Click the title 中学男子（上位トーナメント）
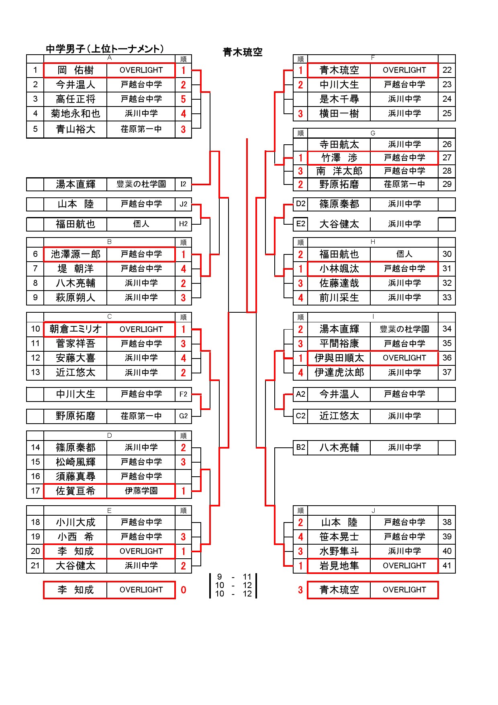pos(105,49)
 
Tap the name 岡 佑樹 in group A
pos(76,70)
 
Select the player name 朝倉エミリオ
pos(76,329)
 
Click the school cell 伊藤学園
pos(141,491)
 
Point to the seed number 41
pos(447,566)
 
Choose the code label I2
pos(183,184)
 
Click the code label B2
pos(300,447)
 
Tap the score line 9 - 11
pos(233,577)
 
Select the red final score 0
pos(183,590)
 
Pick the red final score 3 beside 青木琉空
pos(300,590)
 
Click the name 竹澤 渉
pos(339,158)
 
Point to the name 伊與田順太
pos(339,358)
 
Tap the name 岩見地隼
pos(339,566)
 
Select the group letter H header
pos(373,242)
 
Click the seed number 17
pos(35,491)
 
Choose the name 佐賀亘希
pos(76,491)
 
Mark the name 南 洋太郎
pos(339,171)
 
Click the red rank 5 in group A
pos(183,99)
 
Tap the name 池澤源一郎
pos(76,254)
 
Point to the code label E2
pos(300,224)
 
